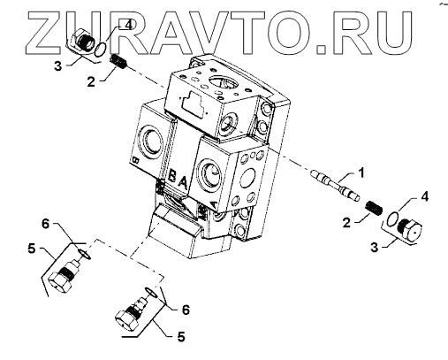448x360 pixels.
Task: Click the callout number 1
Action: (x=361, y=173)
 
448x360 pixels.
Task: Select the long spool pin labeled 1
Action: (x=335, y=185)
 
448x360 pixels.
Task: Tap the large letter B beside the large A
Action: (x=172, y=176)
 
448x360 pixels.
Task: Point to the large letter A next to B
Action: (x=183, y=183)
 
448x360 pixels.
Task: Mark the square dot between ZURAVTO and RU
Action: (x=322, y=50)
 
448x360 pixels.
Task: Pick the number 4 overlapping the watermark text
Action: (x=129, y=26)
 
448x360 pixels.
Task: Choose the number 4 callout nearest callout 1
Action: (x=424, y=196)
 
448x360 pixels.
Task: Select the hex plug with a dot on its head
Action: (x=410, y=229)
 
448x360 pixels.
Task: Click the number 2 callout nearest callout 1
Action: (x=347, y=223)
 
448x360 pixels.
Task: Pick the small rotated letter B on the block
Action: (x=136, y=160)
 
